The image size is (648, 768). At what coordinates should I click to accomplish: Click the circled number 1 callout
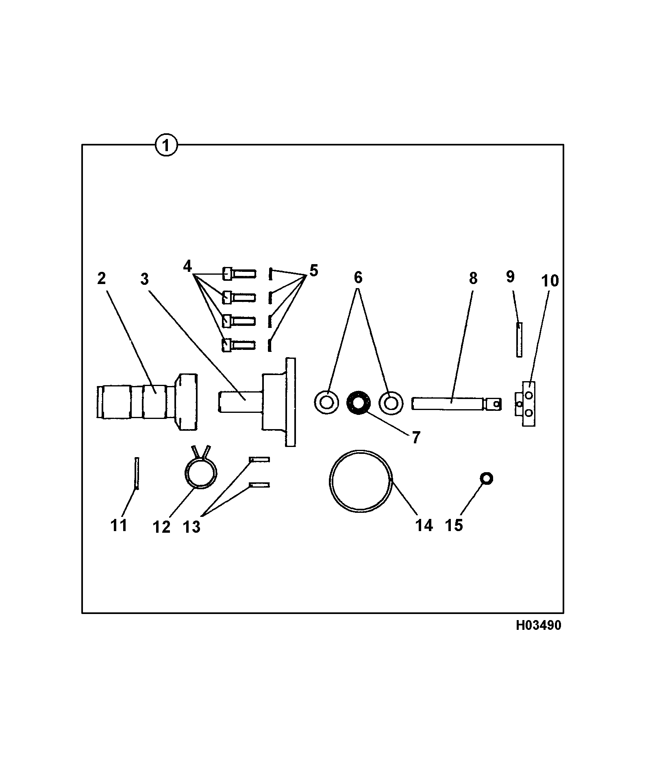[x=167, y=145]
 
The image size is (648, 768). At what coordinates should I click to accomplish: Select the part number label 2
[x=101, y=278]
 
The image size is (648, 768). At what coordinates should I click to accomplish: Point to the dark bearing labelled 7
[x=358, y=403]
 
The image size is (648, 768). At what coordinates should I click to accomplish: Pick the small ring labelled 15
[x=486, y=479]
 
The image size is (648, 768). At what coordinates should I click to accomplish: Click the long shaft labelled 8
[x=457, y=404]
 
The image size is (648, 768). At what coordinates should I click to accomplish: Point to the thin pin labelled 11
[x=137, y=473]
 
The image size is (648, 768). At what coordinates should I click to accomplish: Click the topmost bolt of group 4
[x=239, y=273]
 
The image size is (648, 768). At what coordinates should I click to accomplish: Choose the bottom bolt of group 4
[x=239, y=345]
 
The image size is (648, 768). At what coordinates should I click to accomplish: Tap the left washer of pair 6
[x=326, y=402]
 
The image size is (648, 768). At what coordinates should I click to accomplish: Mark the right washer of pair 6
[x=391, y=403]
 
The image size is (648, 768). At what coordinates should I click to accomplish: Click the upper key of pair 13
[x=259, y=459]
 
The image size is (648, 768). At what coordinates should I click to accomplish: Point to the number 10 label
[x=550, y=281]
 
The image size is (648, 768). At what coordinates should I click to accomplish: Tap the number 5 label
[x=313, y=270]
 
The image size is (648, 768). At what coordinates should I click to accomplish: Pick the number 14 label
[x=424, y=525]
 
